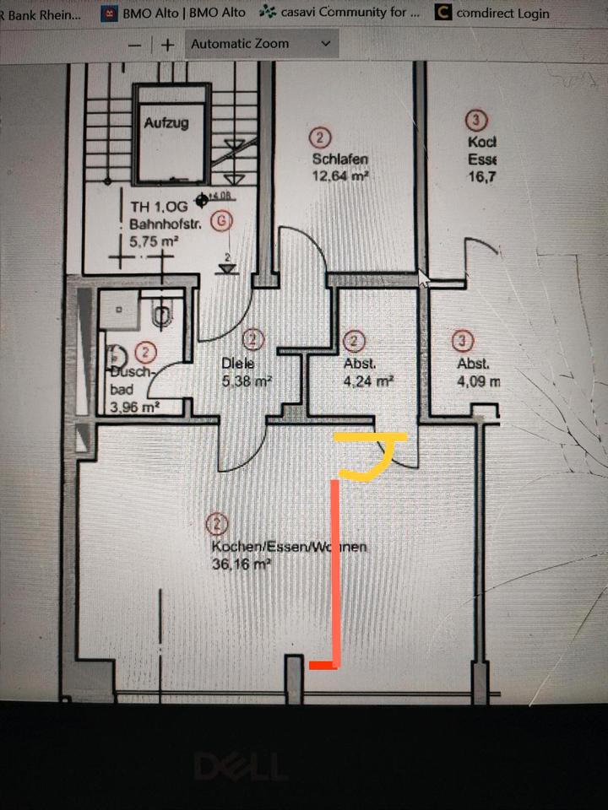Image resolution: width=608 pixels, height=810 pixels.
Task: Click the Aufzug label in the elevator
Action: pos(166,122)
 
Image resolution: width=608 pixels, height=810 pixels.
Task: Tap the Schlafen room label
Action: pos(339,159)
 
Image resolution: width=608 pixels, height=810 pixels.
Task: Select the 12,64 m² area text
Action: pos(341,176)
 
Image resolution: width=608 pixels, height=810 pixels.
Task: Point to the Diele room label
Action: pos(237,364)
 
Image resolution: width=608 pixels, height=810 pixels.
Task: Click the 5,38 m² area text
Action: pos(246,381)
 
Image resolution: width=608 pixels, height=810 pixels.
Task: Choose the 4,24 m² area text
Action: pos(368,381)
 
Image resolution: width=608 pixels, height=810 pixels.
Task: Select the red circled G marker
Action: pos(221,221)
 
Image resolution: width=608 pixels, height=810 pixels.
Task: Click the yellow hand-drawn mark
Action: pos(372,456)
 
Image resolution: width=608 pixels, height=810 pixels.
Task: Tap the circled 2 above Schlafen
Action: pos(321,138)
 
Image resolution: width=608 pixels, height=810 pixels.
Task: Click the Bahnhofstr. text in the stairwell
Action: pos(163,224)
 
